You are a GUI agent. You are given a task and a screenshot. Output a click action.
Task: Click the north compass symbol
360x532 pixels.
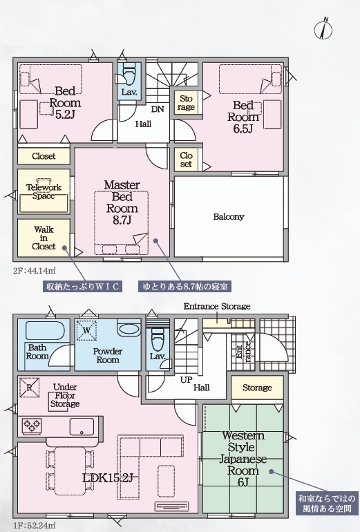coord(323,28)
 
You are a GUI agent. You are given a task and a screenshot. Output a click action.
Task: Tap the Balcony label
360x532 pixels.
coord(228,216)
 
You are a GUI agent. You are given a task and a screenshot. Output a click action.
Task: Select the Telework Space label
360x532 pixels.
coord(44,191)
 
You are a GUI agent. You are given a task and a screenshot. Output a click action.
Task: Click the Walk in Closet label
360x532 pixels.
coord(44,238)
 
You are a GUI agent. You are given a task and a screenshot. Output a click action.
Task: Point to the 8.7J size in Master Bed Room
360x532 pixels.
coord(122,220)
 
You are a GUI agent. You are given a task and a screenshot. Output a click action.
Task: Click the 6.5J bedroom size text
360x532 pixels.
coord(243,129)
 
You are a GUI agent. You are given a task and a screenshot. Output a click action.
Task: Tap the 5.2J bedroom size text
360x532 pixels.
coord(65,115)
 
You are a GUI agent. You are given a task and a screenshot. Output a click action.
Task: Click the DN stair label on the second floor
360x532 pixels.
coord(158,109)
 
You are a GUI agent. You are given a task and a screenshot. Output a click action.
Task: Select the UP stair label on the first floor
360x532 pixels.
coord(186,380)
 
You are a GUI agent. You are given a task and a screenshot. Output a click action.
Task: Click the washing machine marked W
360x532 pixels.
coord(86,330)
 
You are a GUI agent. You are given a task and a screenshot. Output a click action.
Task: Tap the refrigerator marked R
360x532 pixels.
coord(30,388)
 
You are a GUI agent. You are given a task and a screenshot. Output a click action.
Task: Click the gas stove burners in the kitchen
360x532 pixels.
coord(32,426)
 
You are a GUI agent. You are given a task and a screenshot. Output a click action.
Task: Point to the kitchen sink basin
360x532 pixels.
coord(82,426)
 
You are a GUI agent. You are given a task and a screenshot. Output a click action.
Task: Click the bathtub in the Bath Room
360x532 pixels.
coord(45,331)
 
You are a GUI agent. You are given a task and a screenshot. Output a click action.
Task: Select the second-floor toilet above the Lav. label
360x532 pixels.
coord(129,75)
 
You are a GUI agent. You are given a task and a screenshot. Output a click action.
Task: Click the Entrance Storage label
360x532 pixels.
coord(217,307)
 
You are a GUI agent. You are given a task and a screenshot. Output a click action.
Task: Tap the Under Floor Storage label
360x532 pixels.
coord(65,395)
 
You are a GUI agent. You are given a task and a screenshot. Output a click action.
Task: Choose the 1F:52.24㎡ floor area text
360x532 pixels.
coord(35,526)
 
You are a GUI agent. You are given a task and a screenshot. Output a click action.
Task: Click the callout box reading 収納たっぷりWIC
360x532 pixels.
coord(82,287)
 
